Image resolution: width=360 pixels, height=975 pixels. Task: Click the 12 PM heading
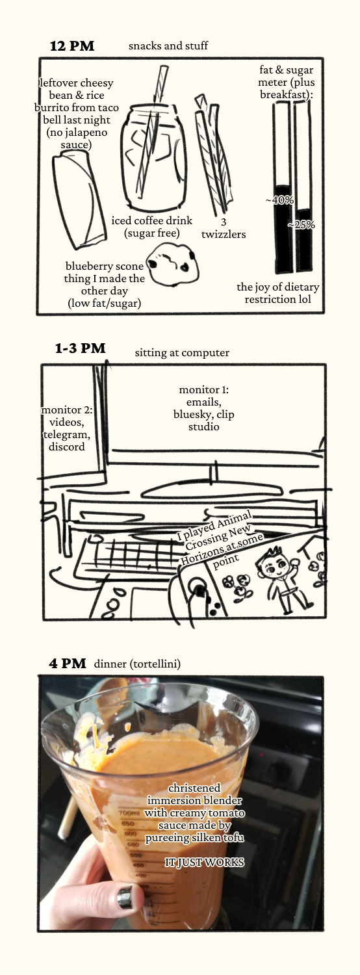72,46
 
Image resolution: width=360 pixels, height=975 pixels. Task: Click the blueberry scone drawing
172,264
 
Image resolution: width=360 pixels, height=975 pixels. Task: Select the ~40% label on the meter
279,200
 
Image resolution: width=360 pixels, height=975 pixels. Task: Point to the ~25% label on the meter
301,225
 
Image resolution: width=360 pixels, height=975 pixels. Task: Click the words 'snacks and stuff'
168,45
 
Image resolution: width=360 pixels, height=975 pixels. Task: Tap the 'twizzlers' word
224,234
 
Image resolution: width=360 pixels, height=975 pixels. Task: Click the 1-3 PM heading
81,348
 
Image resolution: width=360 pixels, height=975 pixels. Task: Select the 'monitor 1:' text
204,389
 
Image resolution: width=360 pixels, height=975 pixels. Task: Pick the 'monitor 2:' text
66,410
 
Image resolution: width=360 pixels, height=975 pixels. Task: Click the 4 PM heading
68,664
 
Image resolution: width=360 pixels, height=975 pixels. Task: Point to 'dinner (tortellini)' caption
137,664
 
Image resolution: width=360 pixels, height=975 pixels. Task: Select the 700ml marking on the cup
129,813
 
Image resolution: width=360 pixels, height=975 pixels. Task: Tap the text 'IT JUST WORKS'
204,863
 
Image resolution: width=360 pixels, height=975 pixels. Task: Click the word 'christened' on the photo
194,788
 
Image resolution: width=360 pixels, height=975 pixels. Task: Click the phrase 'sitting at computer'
182,352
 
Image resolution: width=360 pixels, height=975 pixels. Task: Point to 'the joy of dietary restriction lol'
277,293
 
